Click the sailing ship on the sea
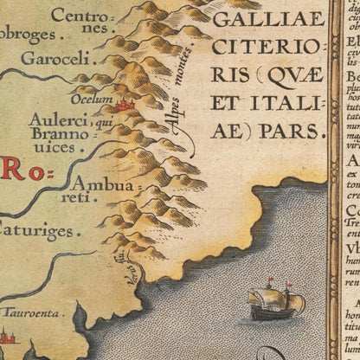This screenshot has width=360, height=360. click(276, 300)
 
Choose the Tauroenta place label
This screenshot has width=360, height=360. click(32, 312)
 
